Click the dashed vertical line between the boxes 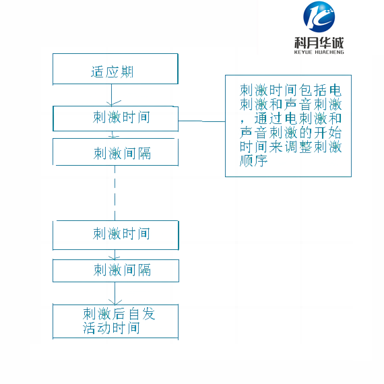point(115,193)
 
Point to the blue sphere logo point(319,17)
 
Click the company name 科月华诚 point(319,43)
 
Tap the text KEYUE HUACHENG point(319,52)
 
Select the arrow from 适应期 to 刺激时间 point(112,95)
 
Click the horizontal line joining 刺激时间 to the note point(202,121)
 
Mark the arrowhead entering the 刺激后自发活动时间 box point(115,302)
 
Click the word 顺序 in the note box point(253,161)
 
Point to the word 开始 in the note point(327,133)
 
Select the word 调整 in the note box point(298,147)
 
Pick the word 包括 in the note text point(313,90)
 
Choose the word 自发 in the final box point(141,314)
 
